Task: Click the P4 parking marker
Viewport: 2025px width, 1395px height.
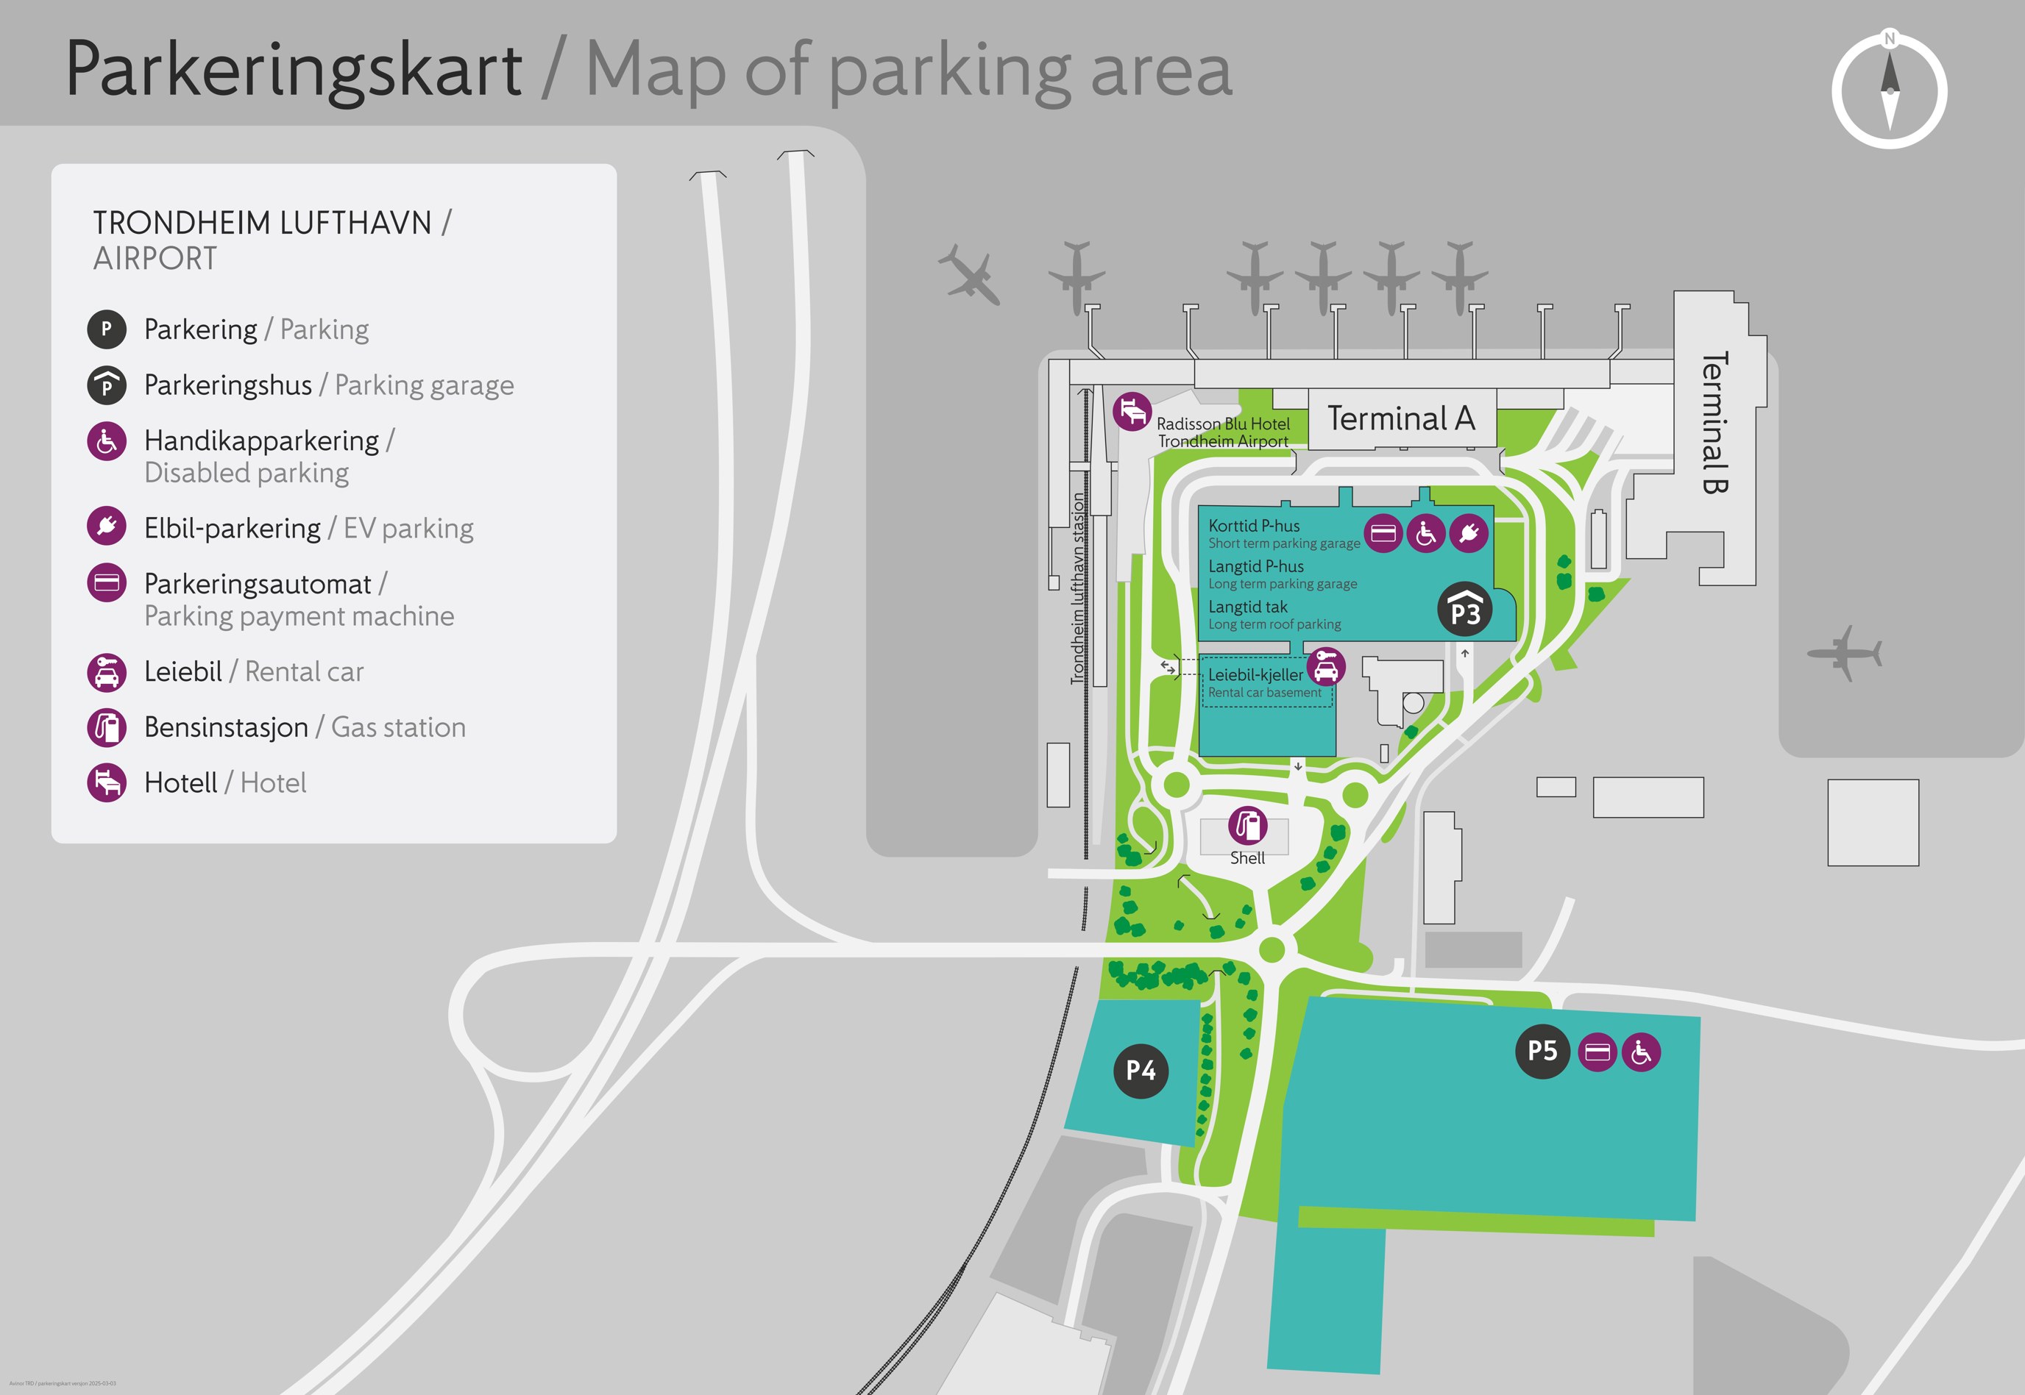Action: [1140, 1070]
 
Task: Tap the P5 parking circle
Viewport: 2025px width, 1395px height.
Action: [1542, 1051]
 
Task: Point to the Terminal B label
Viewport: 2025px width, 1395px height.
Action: [1714, 423]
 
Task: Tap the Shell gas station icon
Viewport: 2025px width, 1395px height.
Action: [1248, 824]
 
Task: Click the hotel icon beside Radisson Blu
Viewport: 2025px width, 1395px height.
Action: [1132, 411]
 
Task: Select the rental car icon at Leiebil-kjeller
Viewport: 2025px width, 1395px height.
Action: [1325, 667]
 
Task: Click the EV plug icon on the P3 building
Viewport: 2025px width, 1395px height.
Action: [1469, 532]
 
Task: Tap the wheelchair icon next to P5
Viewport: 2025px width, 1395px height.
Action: [1641, 1052]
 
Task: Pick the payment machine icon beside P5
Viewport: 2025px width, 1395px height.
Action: [1597, 1052]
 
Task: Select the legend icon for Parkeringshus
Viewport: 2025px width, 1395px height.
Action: [107, 385]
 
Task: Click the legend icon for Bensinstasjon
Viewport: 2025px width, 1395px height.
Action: [107, 727]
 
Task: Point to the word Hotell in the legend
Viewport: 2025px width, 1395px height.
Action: [180, 783]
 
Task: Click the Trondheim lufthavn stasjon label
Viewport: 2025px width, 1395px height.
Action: [1078, 588]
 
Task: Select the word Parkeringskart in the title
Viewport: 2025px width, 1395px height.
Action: [294, 70]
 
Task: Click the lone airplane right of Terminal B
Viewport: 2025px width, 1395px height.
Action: [1844, 652]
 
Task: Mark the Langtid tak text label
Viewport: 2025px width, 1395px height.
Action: [1248, 607]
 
